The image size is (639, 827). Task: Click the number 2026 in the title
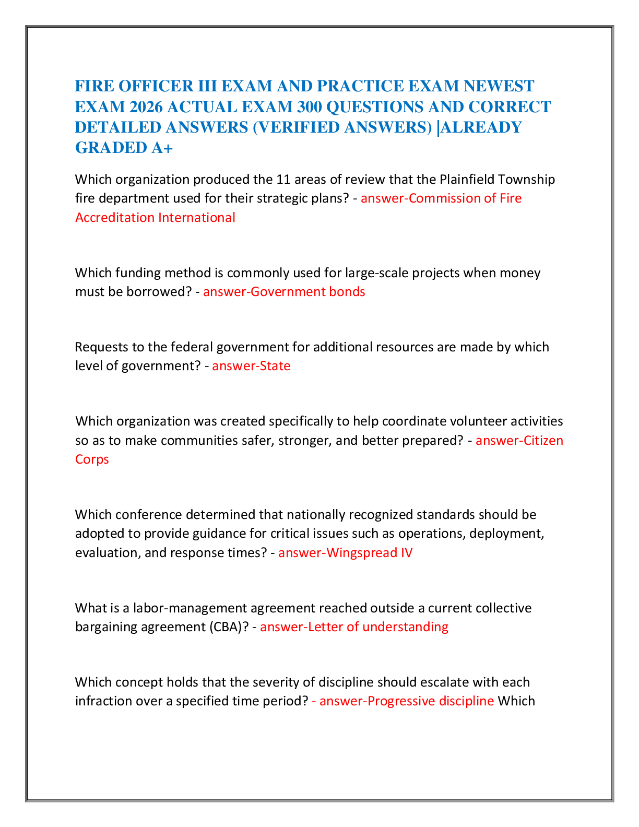[146, 107]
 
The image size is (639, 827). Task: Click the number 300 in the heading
[310, 107]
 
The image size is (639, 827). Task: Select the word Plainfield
[467, 179]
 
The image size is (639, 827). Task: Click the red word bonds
[347, 291]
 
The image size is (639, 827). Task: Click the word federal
[192, 347]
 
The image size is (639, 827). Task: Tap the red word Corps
[92, 459]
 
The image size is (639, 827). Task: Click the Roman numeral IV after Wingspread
[407, 552]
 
